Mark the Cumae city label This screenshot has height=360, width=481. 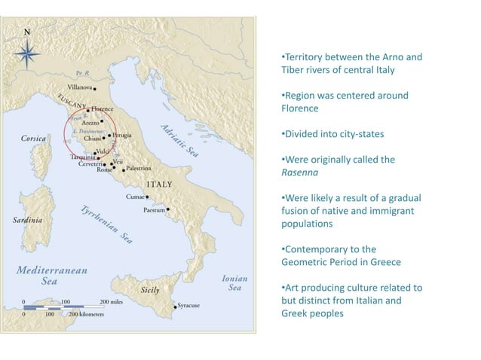pos(135,197)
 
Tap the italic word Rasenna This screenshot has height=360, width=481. pos(298,171)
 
